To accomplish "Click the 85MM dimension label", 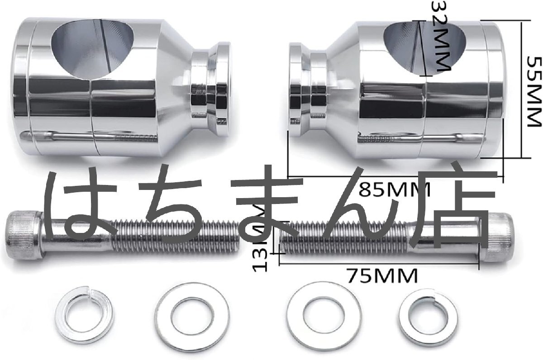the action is click(x=395, y=189).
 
